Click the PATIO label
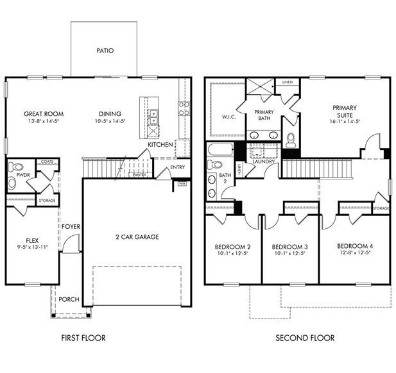point(105,50)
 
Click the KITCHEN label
point(160,145)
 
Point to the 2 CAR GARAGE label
point(137,236)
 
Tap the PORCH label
point(69,299)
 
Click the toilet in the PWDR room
point(12,183)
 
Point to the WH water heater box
point(182,183)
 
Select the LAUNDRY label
point(264,162)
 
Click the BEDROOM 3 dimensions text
point(290,254)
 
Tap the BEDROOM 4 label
point(356,246)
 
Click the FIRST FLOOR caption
point(83,338)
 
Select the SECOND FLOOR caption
point(305,338)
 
